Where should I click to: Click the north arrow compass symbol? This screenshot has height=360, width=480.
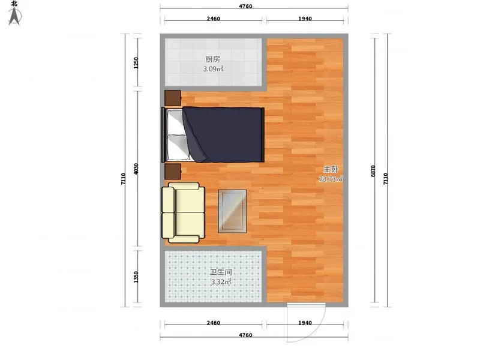[14, 17]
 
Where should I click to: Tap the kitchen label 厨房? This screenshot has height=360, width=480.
[213, 59]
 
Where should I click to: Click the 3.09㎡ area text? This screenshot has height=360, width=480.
[214, 69]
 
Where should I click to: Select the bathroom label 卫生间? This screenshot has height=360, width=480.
[221, 272]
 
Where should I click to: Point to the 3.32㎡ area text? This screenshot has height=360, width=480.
[221, 282]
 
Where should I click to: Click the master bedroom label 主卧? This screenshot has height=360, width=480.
[331, 169]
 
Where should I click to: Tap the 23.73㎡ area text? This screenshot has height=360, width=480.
[331, 179]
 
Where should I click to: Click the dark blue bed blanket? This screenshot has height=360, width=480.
[224, 134]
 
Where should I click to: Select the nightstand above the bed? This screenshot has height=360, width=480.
[173, 98]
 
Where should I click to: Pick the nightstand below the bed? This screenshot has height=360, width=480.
[173, 172]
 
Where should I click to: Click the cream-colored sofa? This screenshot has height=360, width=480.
[184, 213]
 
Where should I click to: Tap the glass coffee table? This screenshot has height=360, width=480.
[232, 211]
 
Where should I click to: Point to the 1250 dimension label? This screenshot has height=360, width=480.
[136, 63]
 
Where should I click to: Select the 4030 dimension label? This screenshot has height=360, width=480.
[136, 169]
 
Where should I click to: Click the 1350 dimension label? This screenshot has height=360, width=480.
[136, 277]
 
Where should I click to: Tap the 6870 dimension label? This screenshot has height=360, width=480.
[373, 171]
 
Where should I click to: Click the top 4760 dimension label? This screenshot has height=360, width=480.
[245, 6]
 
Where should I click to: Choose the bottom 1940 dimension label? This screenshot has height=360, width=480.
[305, 323]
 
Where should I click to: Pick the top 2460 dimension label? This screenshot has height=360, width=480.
[214, 19]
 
